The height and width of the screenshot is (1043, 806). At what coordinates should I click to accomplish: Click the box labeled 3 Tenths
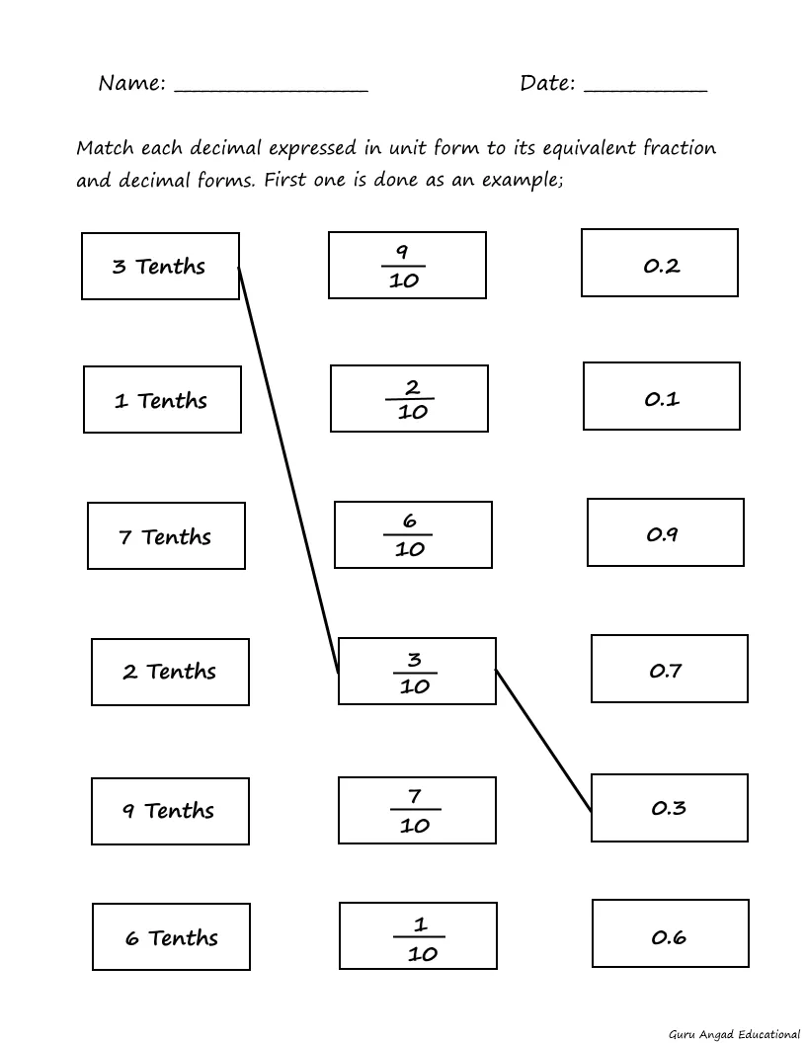(160, 266)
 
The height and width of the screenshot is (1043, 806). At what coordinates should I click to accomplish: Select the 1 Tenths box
(162, 399)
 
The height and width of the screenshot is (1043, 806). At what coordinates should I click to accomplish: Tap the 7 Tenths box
(166, 535)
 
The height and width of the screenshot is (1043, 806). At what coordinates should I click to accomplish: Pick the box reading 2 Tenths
(170, 672)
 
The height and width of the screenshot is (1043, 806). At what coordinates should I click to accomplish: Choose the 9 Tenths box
(170, 811)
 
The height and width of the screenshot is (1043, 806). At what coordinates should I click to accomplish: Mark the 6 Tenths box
(172, 936)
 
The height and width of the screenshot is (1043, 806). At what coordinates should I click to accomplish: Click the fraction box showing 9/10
(407, 265)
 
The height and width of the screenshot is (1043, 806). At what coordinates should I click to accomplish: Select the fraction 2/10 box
(409, 398)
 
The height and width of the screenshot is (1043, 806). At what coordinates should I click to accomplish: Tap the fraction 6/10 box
(413, 534)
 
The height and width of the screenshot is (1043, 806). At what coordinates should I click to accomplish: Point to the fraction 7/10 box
(417, 810)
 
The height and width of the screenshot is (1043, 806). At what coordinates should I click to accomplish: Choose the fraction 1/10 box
(418, 935)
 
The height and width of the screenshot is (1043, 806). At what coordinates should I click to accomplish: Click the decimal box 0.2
(660, 263)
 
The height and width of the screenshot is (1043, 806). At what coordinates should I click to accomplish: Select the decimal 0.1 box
(662, 396)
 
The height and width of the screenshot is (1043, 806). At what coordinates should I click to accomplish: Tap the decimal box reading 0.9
(666, 532)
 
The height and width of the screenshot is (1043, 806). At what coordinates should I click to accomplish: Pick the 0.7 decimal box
(670, 669)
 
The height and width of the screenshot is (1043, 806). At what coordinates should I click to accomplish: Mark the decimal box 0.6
(671, 933)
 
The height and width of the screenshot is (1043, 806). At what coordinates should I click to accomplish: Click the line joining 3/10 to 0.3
(543, 741)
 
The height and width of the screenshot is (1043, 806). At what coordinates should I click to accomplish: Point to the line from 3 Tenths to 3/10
(288, 469)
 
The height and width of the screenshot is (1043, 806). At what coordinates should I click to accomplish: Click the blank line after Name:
(271, 91)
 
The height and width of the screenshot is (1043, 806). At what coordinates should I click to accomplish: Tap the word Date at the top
(544, 83)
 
